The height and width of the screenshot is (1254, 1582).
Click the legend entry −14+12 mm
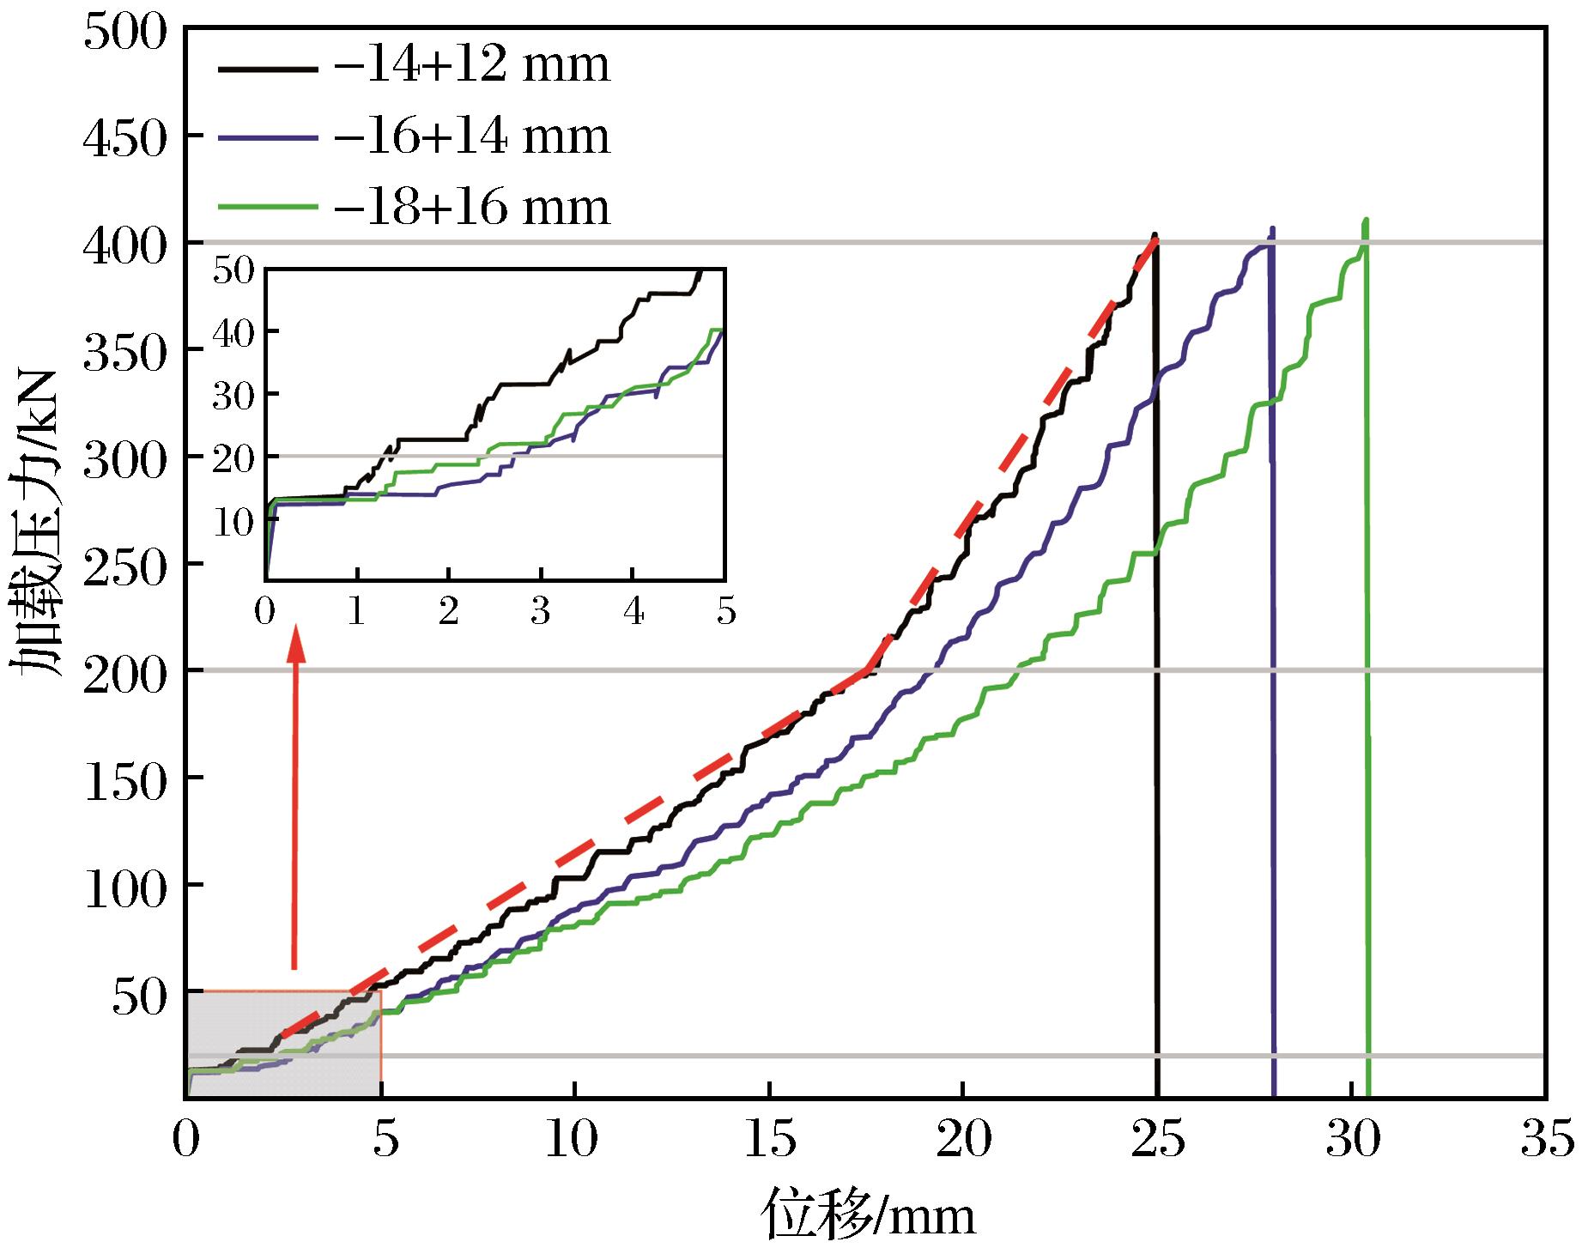pos(471,65)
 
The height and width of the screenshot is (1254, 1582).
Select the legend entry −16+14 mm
pos(471,136)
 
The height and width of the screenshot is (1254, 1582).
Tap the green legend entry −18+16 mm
pos(471,207)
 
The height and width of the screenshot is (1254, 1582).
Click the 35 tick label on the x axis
pos(1545,1142)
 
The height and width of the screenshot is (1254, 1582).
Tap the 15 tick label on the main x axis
pos(767,1142)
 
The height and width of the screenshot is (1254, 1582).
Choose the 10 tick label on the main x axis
pos(573,1142)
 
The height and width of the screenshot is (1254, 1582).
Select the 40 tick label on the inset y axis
pos(235,332)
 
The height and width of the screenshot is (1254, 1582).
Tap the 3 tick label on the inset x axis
pos(541,614)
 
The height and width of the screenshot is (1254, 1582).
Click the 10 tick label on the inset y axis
pos(235,520)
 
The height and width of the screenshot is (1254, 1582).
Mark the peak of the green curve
pos(1365,221)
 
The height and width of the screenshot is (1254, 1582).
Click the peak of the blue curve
pos(1272,229)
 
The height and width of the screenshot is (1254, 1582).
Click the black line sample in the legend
pos(262,66)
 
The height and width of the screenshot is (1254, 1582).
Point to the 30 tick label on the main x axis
pos(1352,1142)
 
